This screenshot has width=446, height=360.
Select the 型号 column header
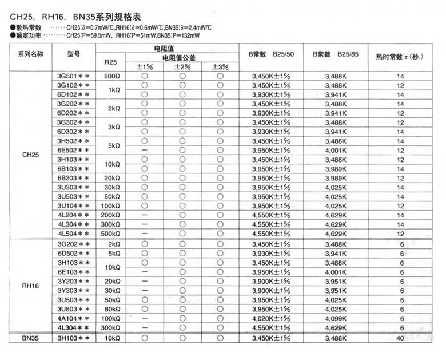coord(73,55)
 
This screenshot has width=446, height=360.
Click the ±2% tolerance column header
coord(182,66)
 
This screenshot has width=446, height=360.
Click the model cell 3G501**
coord(73,76)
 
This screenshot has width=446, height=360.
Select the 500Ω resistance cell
coord(112,76)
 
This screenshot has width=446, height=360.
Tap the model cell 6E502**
coord(73,151)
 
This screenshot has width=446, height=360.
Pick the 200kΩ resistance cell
coord(112,215)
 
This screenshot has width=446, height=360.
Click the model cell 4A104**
coord(73,318)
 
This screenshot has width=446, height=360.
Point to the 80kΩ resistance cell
coord(112,308)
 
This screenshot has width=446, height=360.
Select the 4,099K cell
coord(335,318)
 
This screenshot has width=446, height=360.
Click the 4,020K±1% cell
coord(271,318)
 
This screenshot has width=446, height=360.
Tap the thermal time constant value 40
coord(400,338)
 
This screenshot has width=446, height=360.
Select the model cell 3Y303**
coord(73,290)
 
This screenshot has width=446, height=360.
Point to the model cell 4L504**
coord(73,234)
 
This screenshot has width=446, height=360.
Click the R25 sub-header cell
coord(112,61)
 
